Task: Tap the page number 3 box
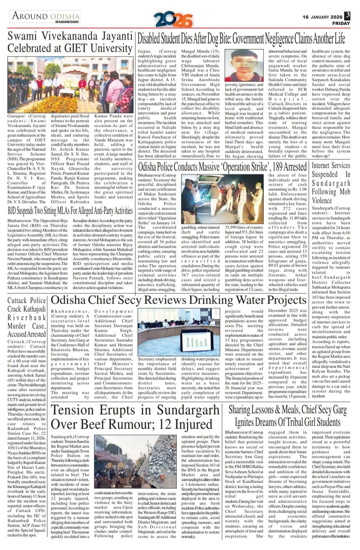347,16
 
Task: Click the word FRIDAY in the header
341,23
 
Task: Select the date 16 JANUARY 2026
322,17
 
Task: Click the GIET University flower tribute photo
70,85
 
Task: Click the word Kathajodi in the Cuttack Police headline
32,309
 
